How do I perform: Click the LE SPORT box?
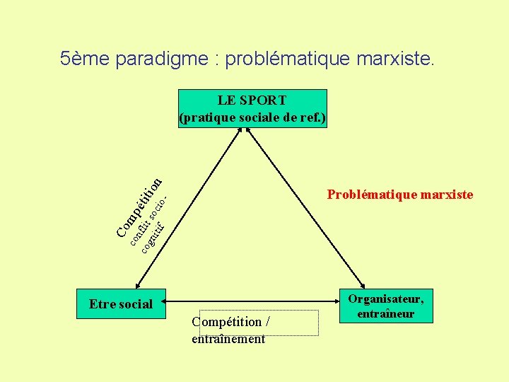[252, 108]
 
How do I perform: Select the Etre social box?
[121, 304]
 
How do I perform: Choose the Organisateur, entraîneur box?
[385, 306]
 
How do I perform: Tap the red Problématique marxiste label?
[399, 195]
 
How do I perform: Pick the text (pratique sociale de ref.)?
[252, 117]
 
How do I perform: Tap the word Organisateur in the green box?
[385, 299]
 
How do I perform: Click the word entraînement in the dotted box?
[228, 339]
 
